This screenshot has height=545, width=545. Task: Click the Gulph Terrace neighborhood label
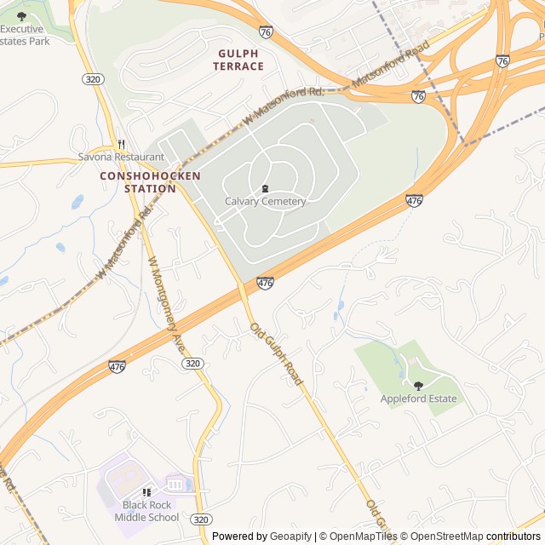238,59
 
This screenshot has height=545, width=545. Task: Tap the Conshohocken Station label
150,181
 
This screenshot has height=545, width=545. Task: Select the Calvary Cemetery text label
265,201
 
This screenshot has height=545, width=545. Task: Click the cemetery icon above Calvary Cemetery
265,188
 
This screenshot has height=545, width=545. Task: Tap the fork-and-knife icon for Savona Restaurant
121,144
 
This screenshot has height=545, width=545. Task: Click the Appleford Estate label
418,399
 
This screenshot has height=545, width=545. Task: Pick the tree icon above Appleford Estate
417,385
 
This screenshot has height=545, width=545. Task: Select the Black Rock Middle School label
146,511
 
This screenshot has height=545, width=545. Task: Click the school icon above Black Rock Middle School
146,492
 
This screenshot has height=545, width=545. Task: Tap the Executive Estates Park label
25,34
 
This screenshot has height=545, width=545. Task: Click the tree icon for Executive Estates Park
21,15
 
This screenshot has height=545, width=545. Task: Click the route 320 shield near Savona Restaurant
94,79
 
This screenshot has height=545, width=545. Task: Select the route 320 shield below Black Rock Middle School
201,519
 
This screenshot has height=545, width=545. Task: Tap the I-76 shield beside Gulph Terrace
266,32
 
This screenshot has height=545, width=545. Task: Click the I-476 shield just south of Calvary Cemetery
265,283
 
